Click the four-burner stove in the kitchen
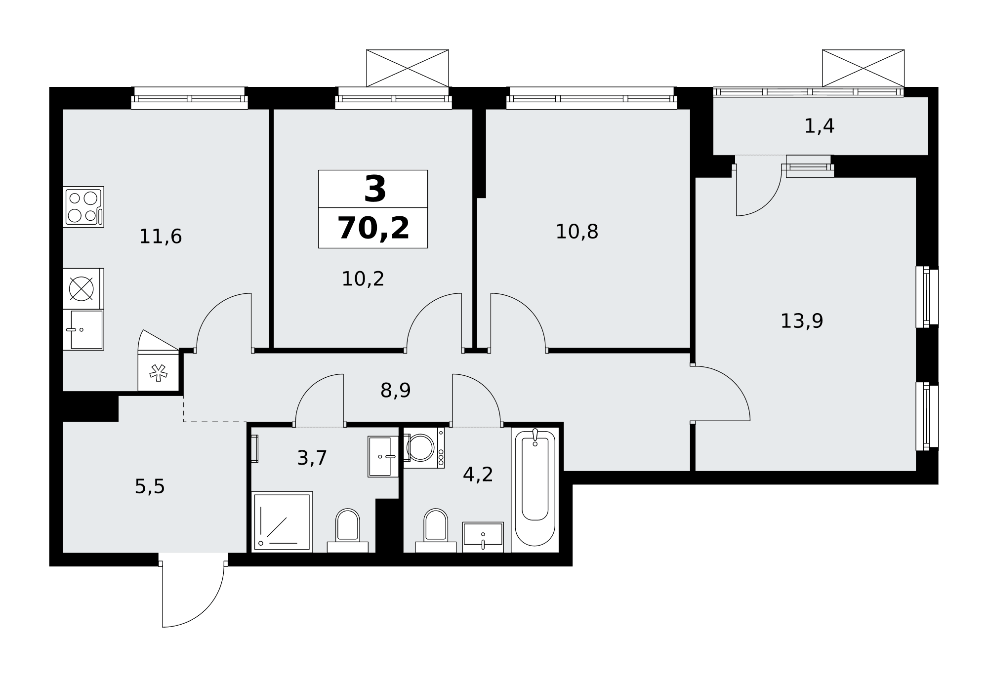83,207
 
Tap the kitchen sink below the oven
83,330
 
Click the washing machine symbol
424,448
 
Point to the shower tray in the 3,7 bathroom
282,522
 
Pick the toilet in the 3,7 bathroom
348,530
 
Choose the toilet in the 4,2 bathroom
436,530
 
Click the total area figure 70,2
373,228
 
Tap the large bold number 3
375,190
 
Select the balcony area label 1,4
820,126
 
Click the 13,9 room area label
802,321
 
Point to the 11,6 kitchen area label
161,237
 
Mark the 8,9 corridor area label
396,391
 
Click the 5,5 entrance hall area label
150,487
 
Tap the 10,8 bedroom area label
577,232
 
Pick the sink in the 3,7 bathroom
383,457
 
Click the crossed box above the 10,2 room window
408,68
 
